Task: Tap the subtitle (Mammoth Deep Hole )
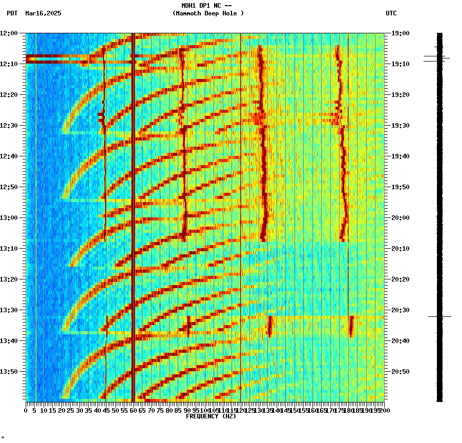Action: pos(208,13)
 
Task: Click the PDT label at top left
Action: pos(12,13)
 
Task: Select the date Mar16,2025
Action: pos(43,13)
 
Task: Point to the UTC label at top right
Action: pos(391,13)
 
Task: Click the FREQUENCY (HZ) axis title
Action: pos(211,416)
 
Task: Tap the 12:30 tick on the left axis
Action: pos(9,126)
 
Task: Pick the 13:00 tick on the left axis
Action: pos(9,218)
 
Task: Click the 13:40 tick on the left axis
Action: pos(9,341)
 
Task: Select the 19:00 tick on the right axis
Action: pos(401,33)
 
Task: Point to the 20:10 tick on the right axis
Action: pos(401,249)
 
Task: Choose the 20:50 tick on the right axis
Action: pos(401,372)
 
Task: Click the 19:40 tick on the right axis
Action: pos(401,156)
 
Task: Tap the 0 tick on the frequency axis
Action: pos(26,410)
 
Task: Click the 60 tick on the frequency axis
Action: pos(133,410)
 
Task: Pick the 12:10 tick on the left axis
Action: pos(9,64)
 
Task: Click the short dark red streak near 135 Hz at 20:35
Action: pos(270,326)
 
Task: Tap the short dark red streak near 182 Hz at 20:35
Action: pos(351,326)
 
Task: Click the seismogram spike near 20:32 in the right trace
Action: pos(439,317)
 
